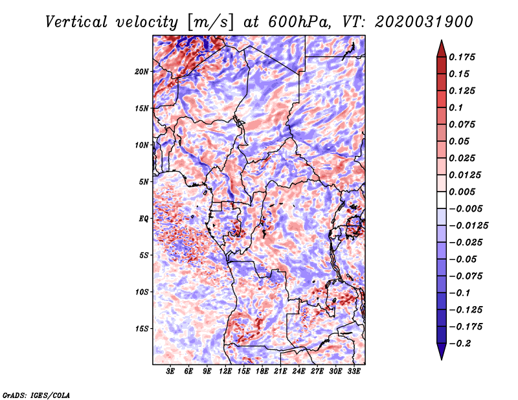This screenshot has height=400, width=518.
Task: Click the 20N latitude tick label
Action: tap(142, 72)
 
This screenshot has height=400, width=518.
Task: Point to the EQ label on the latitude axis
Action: tap(144, 219)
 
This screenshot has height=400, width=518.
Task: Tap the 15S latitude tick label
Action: tap(142, 329)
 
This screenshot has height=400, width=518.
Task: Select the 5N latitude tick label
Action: tap(144, 182)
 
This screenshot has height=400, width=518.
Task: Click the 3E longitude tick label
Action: tap(170, 372)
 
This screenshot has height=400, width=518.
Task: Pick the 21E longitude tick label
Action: tap(280, 372)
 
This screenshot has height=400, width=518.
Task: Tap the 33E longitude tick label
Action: tap(354, 372)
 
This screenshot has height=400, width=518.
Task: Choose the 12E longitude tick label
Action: tap(225, 372)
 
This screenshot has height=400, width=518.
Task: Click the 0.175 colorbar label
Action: tap(462, 57)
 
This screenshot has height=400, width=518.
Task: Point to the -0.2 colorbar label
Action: tap(460, 344)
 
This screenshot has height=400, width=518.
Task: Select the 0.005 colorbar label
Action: tap(462, 192)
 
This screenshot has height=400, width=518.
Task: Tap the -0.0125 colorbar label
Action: tap(468, 226)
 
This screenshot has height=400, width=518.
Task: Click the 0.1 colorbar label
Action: tap(456, 107)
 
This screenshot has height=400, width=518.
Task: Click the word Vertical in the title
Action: tap(76, 22)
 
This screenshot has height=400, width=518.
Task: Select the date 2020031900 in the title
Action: tap(424, 22)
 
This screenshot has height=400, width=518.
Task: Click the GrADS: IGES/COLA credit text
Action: tap(36, 395)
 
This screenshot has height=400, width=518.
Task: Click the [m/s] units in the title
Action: tap(210, 22)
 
